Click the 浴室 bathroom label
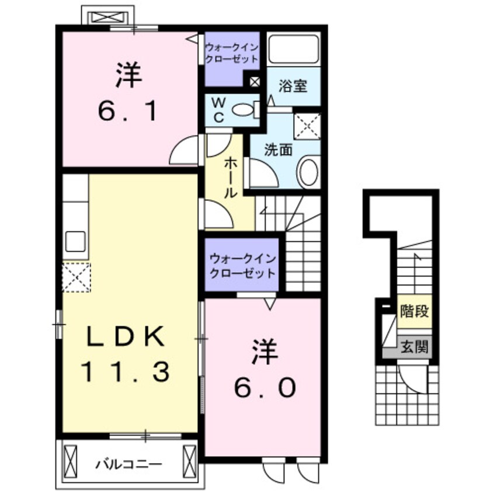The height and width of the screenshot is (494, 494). (293, 87)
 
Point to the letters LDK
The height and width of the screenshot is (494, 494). (125, 336)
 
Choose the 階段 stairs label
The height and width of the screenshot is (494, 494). (414, 311)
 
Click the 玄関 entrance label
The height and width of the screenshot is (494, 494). (414, 347)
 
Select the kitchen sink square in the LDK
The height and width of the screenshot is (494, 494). (76, 241)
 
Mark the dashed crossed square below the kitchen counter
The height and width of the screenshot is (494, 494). (76, 276)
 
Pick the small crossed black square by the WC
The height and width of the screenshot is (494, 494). (255, 81)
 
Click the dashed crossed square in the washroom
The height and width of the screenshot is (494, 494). (307, 126)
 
